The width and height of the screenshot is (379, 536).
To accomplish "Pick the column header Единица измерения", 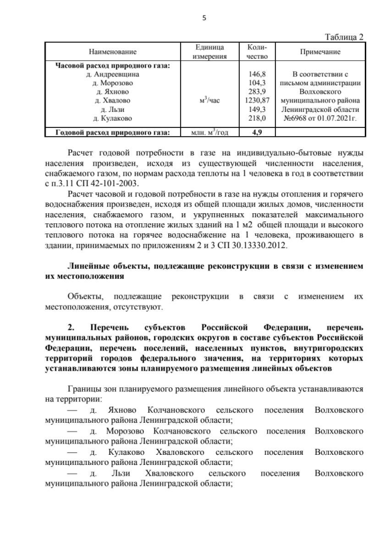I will (x=212, y=52).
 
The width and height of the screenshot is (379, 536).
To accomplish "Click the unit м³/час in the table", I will (x=211, y=101).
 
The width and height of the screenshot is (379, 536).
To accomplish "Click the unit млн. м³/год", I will (x=211, y=132).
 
